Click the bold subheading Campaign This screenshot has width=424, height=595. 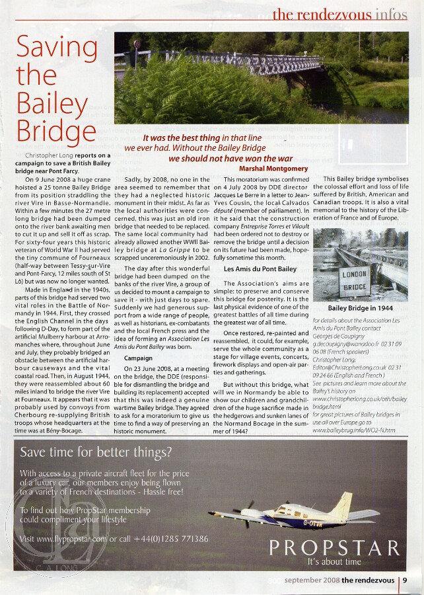point(137,358)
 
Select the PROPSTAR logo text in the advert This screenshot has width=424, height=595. point(335,547)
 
